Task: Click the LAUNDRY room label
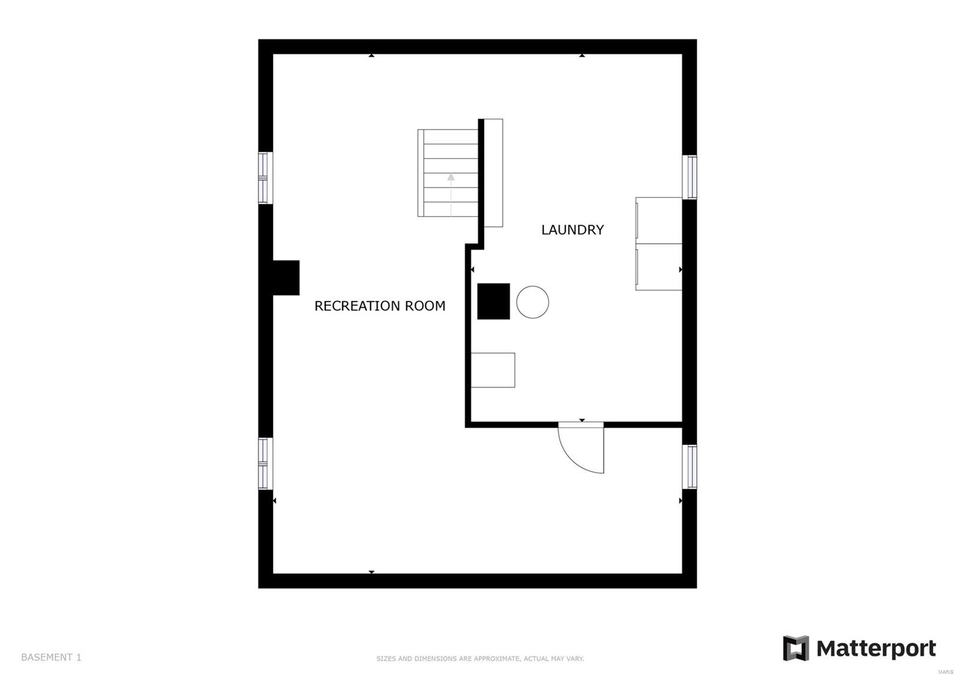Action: [572, 230]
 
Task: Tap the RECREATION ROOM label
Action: [380, 306]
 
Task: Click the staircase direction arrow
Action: [451, 194]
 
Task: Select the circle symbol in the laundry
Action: [532, 302]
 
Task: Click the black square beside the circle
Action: [493, 301]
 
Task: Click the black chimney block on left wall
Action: [286, 278]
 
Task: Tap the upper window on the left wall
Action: [265, 178]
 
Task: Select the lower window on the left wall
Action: [265, 464]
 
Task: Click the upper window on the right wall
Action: [689, 177]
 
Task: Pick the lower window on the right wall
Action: [689, 467]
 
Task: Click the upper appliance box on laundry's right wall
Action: [659, 220]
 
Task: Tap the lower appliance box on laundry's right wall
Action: [659, 267]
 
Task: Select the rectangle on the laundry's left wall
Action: [493, 370]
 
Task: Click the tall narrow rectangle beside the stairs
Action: [493, 173]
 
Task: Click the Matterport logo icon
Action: [796, 648]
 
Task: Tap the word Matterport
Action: [876, 649]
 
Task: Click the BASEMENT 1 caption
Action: [51, 658]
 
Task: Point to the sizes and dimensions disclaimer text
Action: [480, 659]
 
